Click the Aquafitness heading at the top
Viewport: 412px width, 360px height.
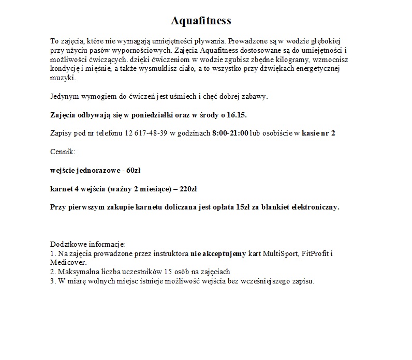pyautogui.click(x=201, y=21)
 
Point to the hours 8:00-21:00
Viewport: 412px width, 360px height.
pyautogui.click(x=230, y=133)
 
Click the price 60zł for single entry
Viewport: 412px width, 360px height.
pyautogui.click(x=134, y=170)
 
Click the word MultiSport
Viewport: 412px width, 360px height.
pyautogui.click(x=281, y=254)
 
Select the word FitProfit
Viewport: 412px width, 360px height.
pyautogui.click(x=314, y=254)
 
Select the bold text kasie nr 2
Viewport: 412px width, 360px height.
pyautogui.click(x=318, y=133)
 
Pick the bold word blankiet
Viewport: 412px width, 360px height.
pyautogui.click(x=277, y=207)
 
